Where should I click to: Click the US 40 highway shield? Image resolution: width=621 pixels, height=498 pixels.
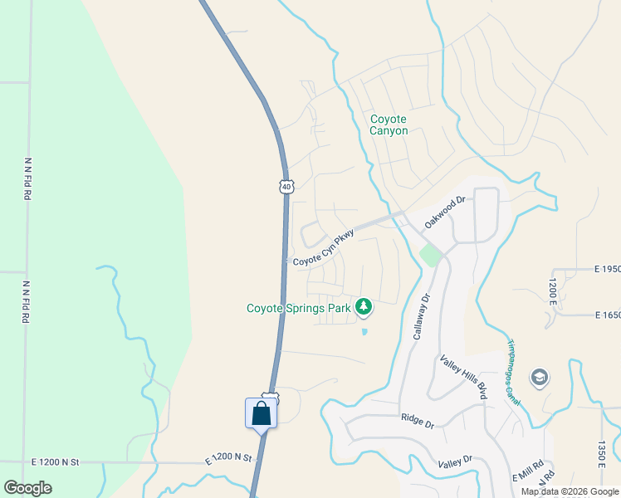286,187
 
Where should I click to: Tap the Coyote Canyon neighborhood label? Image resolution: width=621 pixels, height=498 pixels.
389,124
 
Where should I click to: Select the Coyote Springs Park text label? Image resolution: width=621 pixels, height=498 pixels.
299,308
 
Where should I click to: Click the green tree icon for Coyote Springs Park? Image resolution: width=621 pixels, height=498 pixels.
364,307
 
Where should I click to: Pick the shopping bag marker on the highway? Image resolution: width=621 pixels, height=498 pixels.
261,413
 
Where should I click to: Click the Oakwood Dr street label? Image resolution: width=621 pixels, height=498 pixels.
441,212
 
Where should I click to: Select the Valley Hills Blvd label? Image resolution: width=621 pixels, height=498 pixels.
464,376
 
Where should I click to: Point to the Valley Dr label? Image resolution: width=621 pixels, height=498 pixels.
455,459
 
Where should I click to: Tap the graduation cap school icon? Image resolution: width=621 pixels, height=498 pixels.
539,378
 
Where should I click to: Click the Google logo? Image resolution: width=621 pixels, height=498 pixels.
27,488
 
